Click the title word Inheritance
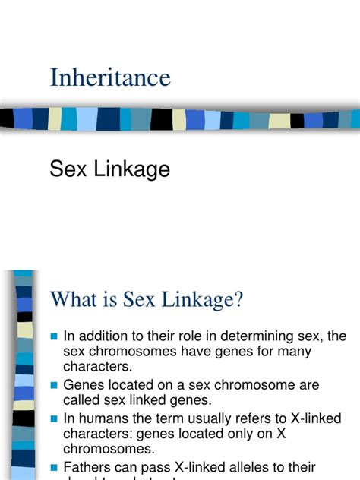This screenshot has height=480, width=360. pyautogui.click(x=110, y=77)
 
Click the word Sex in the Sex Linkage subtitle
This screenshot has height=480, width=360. pyautogui.click(x=65, y=169)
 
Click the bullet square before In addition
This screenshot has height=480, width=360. pyautogui.click(x=53, y=336)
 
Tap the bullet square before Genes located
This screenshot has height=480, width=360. pyautogui.click(x=53, y=386)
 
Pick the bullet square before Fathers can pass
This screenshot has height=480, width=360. pyautogui.click(x=53, y=468)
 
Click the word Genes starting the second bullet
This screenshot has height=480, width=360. pyautogui.click(x=84, y=385)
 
